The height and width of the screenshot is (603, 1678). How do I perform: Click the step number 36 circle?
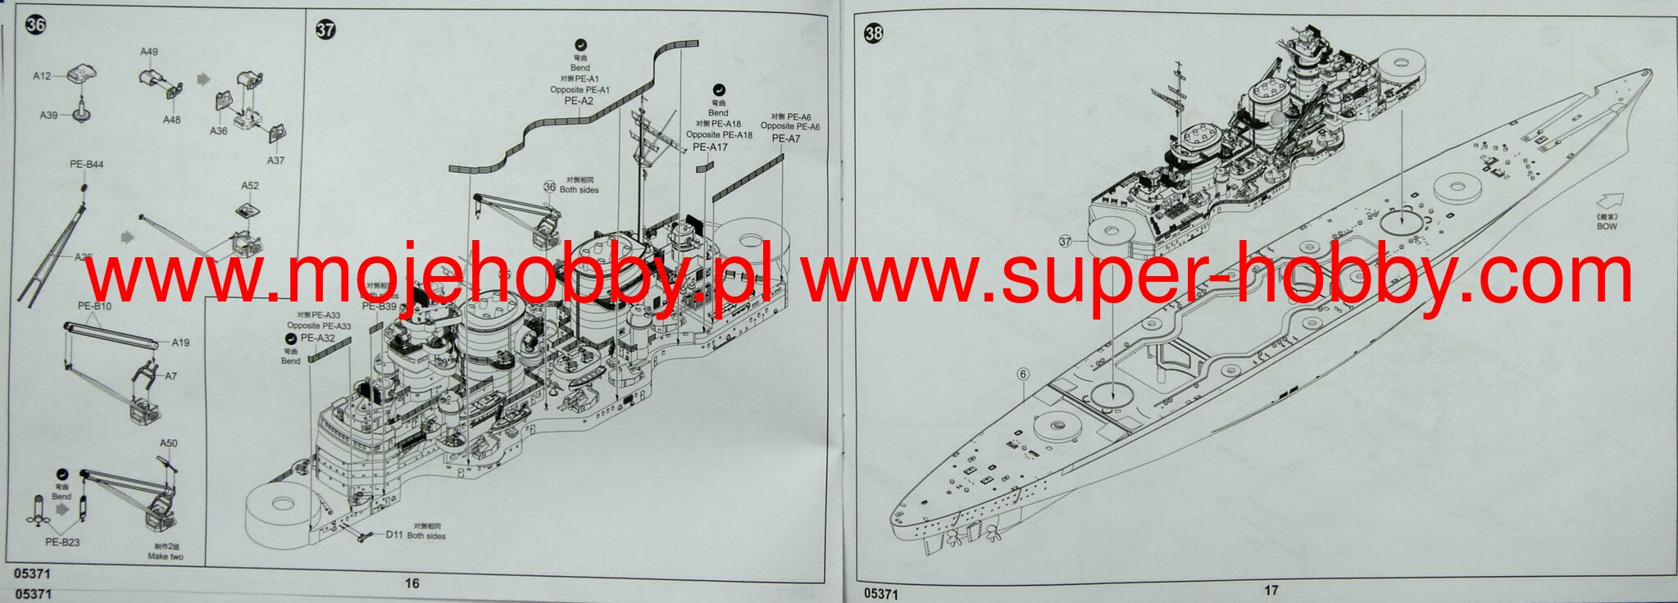36,25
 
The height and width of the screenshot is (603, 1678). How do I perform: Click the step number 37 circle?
325,30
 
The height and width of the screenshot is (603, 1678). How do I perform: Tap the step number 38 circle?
874,33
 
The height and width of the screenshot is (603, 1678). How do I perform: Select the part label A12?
42,76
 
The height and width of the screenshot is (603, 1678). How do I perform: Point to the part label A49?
148,52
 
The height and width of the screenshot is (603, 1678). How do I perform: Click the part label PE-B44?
86,165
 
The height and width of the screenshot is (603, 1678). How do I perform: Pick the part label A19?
180,342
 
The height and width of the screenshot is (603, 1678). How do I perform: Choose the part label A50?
168,443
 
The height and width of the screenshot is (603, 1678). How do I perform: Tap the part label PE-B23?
62,542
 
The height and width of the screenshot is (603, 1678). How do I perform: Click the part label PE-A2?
579,101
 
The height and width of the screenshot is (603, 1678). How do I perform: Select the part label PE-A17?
710,147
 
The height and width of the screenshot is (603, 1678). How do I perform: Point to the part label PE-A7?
786,138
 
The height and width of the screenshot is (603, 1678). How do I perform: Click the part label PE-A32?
317,338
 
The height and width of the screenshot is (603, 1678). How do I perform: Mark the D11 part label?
394,536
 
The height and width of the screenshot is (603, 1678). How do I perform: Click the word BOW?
1607,226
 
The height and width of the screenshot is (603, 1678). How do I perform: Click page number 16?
412,583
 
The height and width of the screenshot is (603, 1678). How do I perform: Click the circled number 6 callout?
1022,374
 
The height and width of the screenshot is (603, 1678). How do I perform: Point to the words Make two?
166,557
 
